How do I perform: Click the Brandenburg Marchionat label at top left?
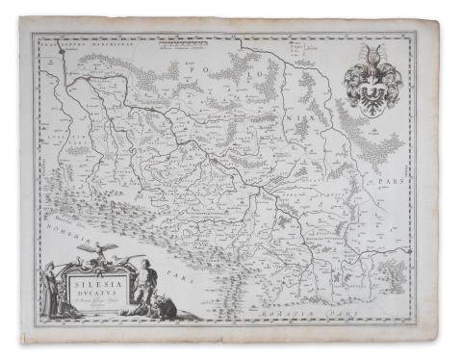tap(64, 41)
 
